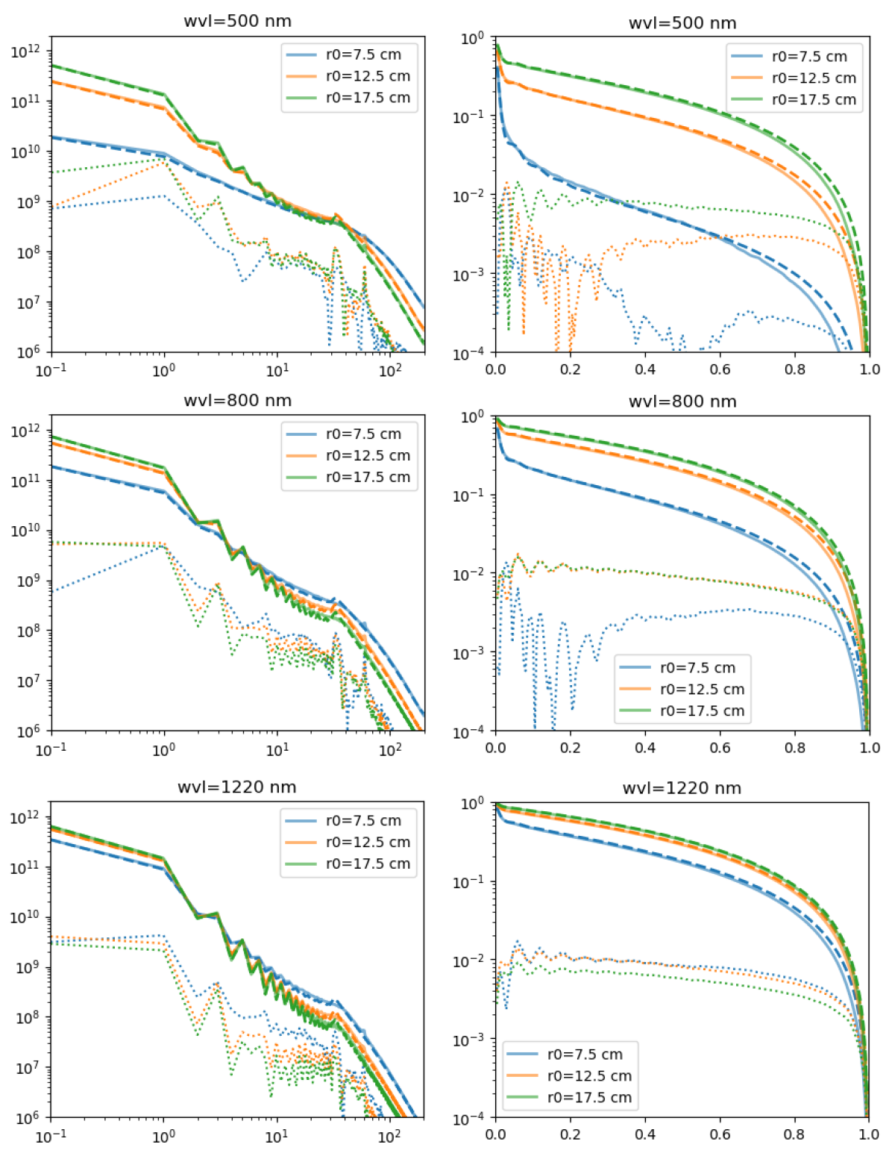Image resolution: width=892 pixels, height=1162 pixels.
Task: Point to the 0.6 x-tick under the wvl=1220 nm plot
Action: click(x=720, y=1134)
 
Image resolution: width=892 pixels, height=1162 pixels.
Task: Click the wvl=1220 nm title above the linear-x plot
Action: click(x=682, y=788)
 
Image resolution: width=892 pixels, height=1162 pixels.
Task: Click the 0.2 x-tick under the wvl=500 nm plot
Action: click(x=570, y=369)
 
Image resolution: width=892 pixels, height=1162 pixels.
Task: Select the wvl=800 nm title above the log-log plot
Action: click(x=237, y=401)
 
